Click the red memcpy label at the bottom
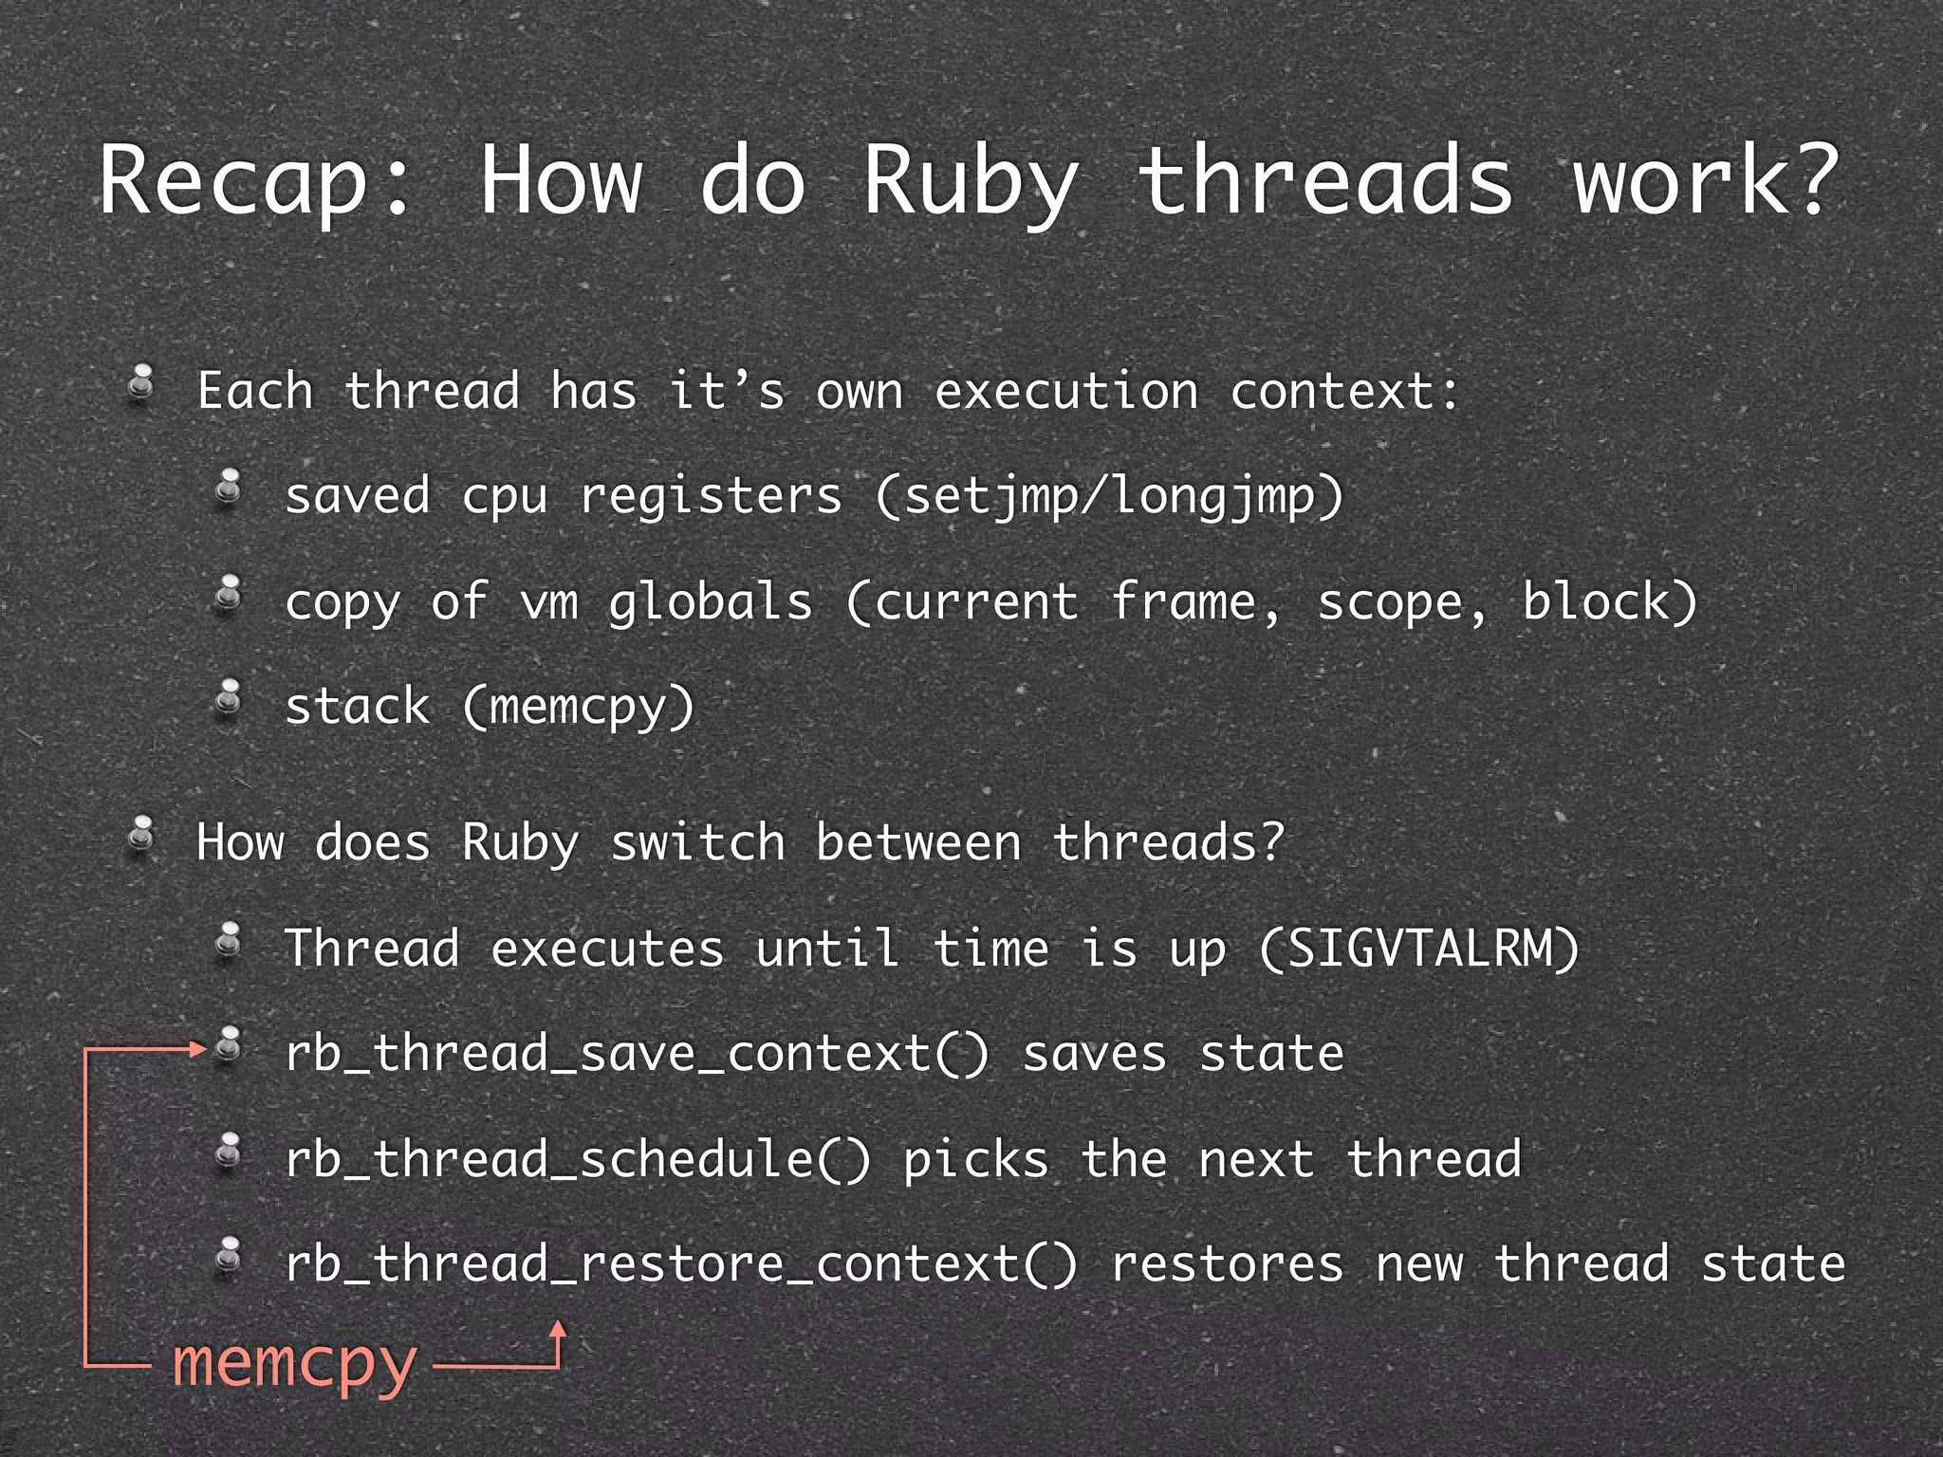tap(294, 1364)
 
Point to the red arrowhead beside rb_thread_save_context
tap(198, 1048)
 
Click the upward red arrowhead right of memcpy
tap(559, 1330)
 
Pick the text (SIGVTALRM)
tap(1419, 949)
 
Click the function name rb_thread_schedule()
tap(577, 1159)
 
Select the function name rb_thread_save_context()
tap(636, 1055)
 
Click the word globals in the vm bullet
tap(710, 602)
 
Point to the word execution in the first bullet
tap(1066, 391)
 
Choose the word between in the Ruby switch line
tap(918, 842)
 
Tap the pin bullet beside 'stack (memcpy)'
tap(229, 700)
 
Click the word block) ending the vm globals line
tap(1609, 602)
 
